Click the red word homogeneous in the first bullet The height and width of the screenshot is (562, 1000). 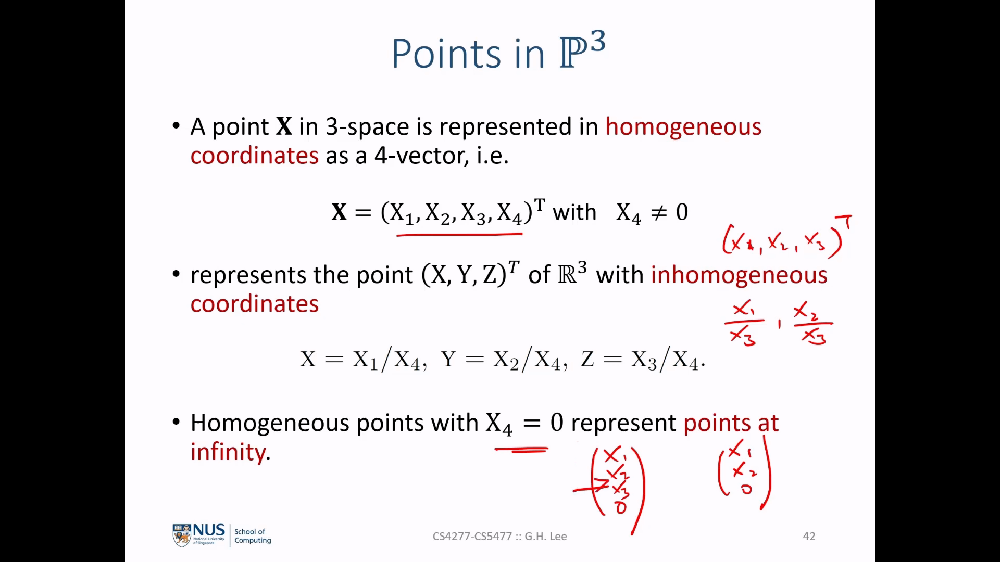tap(683, 127)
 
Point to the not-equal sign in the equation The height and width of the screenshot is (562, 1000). tap(659, 212)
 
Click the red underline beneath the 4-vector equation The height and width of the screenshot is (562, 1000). tap(459, 235)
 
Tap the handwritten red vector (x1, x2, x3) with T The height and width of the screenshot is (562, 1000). tap(786, 238)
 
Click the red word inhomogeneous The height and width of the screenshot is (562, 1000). tap(739, 275)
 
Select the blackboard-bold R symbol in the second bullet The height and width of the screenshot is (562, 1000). tap(567, 275)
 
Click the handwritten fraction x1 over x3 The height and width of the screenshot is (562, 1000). tap(744, 323)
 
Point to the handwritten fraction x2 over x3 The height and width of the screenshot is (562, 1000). tap(813, 323)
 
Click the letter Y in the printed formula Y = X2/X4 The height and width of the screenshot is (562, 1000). tap(448, 359)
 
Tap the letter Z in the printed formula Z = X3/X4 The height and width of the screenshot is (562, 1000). tap(587, 359)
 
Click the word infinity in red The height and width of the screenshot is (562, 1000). tap(228, 452)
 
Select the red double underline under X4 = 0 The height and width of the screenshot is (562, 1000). tap(521, 449)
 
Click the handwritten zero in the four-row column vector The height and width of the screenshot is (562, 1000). tap(620, 507)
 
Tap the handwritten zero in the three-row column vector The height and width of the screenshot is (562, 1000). tap(747, 490)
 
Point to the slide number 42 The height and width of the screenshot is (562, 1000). tap(809, 537)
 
